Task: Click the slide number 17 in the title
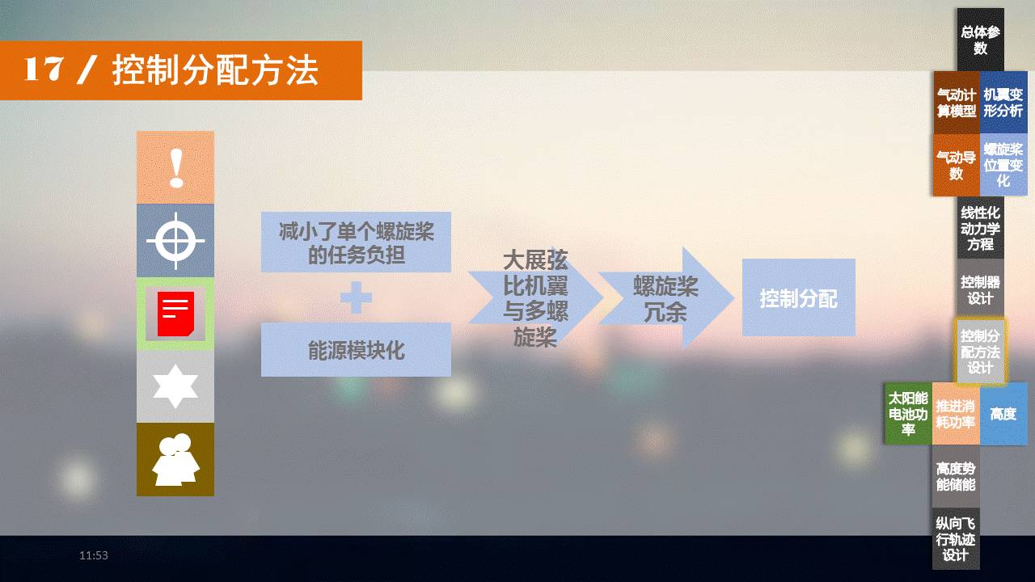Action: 44,70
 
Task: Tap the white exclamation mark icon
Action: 176,167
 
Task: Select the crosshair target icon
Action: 175,241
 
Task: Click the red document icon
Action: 175,314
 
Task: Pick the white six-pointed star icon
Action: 175,386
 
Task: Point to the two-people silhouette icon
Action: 175,460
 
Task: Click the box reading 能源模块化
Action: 356,350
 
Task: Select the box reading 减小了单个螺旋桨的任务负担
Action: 356,242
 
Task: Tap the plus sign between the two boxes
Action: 356,297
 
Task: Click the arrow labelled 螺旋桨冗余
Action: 666,298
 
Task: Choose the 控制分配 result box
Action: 798,297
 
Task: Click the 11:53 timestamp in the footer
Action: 93,555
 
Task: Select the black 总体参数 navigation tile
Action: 981,40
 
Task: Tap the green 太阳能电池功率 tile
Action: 908,413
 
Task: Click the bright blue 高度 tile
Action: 1003,413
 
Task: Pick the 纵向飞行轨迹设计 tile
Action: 956,538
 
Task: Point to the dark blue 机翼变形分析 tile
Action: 1003,103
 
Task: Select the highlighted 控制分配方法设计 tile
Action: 980,352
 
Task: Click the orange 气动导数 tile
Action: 957,165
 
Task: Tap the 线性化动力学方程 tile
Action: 981,228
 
